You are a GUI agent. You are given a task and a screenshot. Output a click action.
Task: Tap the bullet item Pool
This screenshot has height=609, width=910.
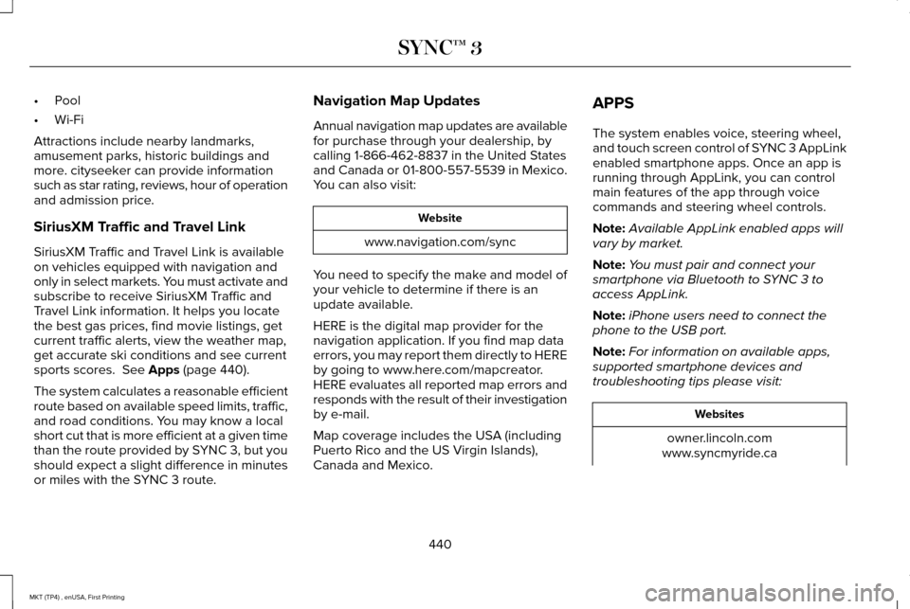pyautogui.click(x=67, y=100)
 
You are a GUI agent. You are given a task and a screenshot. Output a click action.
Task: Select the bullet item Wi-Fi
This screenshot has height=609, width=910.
pyautogui.click(x=68, y=120)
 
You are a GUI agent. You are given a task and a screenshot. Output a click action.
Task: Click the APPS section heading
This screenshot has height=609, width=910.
pyautogui.click(x=613, y=101)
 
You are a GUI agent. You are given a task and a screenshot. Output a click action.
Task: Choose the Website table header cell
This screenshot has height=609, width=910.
pyautogui.click(x=440, y=218)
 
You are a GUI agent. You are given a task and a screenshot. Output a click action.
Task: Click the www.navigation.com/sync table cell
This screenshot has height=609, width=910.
pyautogui.click(x=440, y=242)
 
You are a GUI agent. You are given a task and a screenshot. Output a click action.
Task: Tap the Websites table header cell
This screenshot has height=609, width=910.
pyautogui.click(x=719, y=414)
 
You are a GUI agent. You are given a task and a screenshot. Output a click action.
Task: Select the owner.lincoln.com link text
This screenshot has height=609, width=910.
pyautogui.click(x=719, y=439)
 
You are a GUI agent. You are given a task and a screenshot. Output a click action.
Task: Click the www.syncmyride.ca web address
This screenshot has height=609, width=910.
pyautogui.click(x=719, y=454)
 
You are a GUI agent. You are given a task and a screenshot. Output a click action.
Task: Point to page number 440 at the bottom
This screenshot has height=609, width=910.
pyautogui.click(x=440, y=544)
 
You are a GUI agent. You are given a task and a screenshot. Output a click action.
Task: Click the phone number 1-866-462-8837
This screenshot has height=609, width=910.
pyautogui.click(x=400, y=156)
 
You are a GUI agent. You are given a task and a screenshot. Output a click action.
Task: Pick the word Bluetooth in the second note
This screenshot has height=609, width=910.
pyautogui.click(x=727, y=280)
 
